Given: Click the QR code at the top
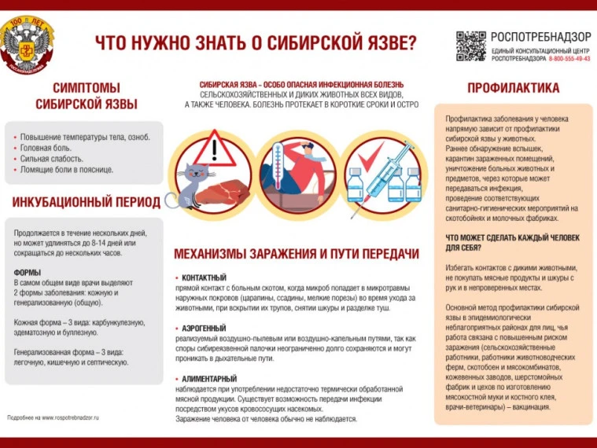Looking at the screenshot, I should [x=470, y=46].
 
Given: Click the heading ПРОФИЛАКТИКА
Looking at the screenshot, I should [x=513, y=88].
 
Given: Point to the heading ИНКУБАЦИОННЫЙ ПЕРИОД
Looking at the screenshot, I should [x=86, y=202].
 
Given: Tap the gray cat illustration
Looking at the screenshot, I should [x=191, y=185].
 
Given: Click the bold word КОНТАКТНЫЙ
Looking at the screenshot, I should [x=204, y=277].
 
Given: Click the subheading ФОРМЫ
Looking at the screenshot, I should [x=28, y=272].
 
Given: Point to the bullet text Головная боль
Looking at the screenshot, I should [x=46, y=147].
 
